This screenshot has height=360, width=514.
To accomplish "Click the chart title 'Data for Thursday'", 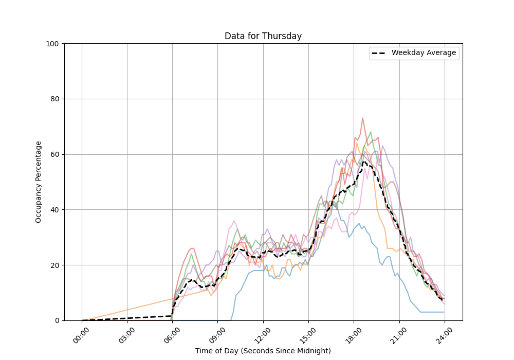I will coord(263,37).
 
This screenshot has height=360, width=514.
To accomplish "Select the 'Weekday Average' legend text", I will coord(424,53).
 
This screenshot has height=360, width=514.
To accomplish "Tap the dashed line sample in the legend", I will coord(379,53).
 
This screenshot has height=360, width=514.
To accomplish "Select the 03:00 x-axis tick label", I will coord(127,332).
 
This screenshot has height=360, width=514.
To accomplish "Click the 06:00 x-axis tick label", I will coord(172,332).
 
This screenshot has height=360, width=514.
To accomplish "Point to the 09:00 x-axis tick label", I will coord(217,332).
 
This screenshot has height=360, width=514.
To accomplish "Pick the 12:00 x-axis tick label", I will coord(263,332).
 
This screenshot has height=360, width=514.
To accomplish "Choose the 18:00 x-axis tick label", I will coord(354,332).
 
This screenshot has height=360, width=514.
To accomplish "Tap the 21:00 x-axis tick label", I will coord(399,332).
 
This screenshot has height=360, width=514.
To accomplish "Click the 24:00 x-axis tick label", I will coord(444,332).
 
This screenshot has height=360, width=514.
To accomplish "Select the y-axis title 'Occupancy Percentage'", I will coord(39,182).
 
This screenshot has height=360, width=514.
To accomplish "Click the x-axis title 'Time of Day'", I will coord(263,351).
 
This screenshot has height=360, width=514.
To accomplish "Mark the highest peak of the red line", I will coord(362,118).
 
